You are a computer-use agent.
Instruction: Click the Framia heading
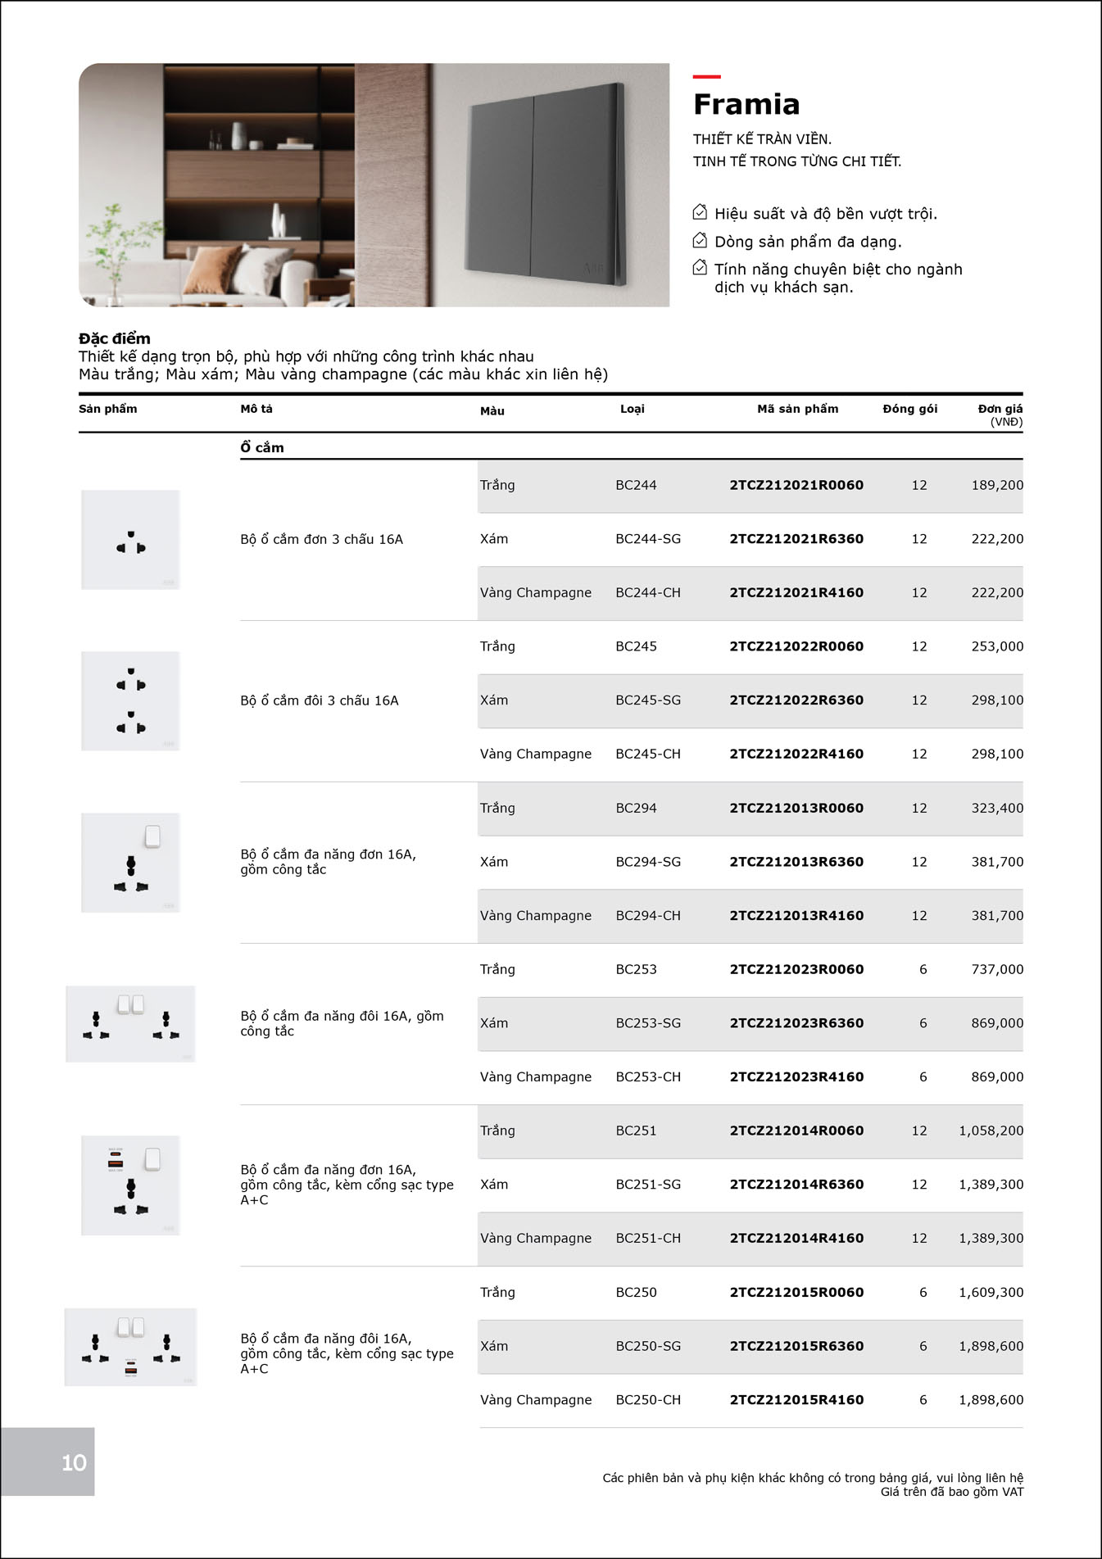pos(746,105)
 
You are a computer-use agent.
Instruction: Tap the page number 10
pos(74,1462)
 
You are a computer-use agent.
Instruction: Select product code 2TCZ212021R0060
pos(796,485)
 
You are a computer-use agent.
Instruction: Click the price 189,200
pos(996,485)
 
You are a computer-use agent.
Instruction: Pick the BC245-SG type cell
pos(647,700)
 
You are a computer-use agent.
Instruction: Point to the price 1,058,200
pos(991,1131)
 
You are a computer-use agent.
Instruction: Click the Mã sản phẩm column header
pos(797,409)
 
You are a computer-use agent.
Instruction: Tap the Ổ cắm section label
pos(262,447)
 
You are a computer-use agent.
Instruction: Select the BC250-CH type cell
pos(647,1400)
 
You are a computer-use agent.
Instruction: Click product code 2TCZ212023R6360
pos(796,1023)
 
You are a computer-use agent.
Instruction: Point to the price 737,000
pos(996,969)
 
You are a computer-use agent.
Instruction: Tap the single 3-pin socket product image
pos(130,540)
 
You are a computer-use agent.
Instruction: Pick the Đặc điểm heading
pos(115,338)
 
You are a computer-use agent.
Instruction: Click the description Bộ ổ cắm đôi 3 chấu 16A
pos(320,700)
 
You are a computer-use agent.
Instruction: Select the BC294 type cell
pos(636,808)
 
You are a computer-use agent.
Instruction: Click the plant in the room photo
pos(115,246)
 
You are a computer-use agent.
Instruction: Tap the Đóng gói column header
pos(909,409)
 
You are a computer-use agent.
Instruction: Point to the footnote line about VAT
pos(951,1492)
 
